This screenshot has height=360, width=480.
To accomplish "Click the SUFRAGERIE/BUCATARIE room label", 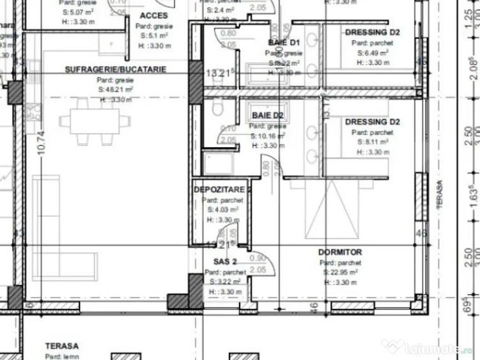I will click(x=115, y=69).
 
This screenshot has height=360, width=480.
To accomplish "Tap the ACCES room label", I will click(x=153, y=15).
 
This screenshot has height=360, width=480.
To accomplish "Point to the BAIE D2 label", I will click(x=268, y=115).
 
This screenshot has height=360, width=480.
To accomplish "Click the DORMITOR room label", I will click(x=340, y=253).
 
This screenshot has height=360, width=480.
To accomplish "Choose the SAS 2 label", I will click(x=225, y=262).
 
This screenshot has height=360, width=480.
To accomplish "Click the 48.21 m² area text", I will click(x=116, y=90).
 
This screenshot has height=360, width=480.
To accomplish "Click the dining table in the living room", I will click(x=89, y=119).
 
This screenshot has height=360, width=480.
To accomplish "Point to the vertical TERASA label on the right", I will click(x=439, y=192).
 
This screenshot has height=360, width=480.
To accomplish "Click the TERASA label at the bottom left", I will click(x=62, y=346).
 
